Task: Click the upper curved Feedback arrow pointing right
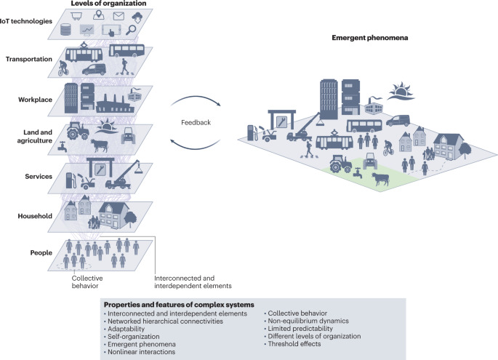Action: coord(195,100)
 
